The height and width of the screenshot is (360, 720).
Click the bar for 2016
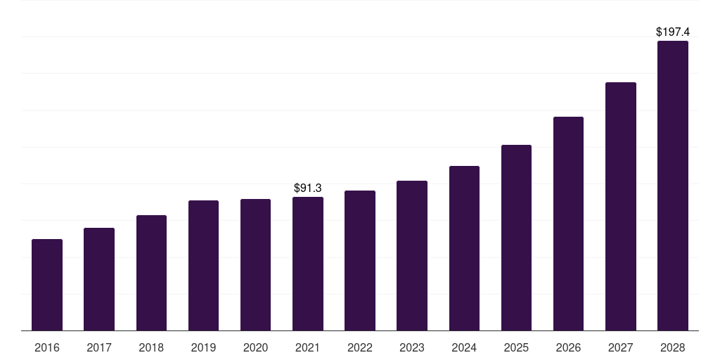47,285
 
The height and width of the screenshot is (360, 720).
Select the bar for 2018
151,273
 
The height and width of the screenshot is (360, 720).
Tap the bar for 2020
255,265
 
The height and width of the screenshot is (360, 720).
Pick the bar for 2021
308,264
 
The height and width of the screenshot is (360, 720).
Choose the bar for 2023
412,256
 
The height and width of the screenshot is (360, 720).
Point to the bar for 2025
516,238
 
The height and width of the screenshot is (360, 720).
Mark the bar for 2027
620,207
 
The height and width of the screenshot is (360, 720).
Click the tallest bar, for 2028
673,186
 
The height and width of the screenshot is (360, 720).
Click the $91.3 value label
308,188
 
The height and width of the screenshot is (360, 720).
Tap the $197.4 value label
673,32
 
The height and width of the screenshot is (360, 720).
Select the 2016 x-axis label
47,347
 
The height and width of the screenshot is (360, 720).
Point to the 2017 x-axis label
99,347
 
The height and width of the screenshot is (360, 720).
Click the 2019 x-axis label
203,347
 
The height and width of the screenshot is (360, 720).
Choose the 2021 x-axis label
308,347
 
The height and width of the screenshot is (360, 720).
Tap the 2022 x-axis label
360,347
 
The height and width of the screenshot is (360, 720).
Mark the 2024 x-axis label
464,347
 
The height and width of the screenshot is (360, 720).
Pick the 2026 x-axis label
568,347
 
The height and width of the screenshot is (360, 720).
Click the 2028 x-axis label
673,347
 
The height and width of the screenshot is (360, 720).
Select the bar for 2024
464,248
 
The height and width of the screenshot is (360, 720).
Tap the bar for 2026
568,224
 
